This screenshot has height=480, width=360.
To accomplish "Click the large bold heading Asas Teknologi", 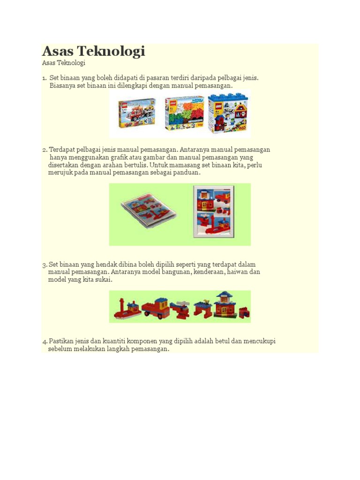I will click(x=93, y=52).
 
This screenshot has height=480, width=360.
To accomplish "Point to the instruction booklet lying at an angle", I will click(x=148, y=210).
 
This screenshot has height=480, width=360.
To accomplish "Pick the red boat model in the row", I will click(x=127, y=308).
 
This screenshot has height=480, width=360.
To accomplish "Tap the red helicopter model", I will click(x=180, y=309).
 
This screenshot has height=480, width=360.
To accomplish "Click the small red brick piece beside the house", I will click(x=244, y=313).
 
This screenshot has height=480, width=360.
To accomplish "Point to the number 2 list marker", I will click(x=45, y=150).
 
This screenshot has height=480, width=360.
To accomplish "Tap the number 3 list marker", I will click(x=45, y=265).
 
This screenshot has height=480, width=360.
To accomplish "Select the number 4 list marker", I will click(x=45, y=342).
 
